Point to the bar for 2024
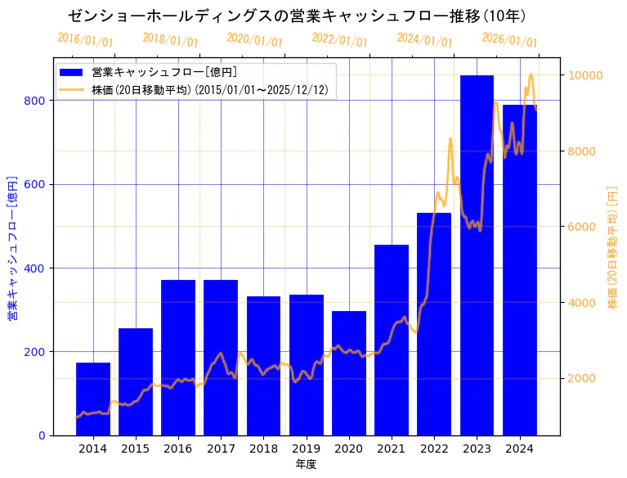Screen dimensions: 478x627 point(519,270)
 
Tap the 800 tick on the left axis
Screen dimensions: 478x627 point(34,101)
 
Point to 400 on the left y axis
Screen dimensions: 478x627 point(34,268)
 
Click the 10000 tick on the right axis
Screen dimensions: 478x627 point(585,76)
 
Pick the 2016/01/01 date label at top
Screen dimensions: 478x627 point(86,40)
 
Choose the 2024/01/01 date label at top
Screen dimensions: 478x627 point(424,40)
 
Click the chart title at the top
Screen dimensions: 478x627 point(297,16)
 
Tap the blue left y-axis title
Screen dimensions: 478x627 point(12,248)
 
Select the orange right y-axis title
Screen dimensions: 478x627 point(612,248)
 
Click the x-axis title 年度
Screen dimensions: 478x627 point(306,464)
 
